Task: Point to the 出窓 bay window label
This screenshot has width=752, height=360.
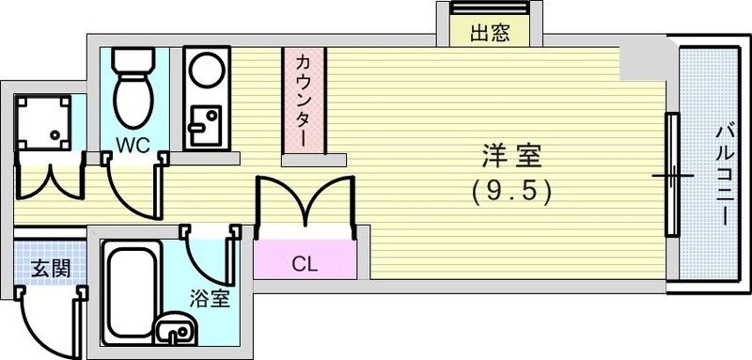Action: [489, 35]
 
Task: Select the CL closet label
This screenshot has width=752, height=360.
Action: [303, 263]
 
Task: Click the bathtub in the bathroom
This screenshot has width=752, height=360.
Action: [129, 290]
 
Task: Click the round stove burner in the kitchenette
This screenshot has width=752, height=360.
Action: [203, 70]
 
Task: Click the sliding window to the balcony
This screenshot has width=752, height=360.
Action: [672, 175]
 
